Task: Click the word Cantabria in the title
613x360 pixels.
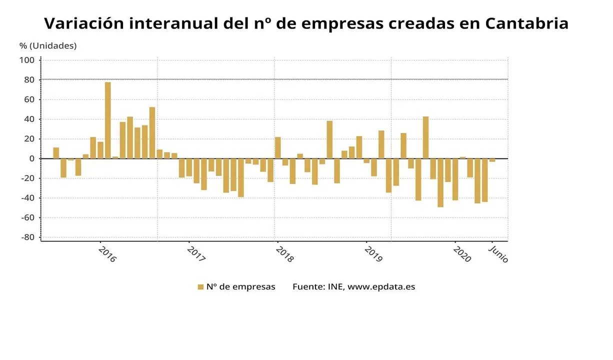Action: coord(526,23)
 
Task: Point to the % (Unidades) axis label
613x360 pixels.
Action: coord(48,45)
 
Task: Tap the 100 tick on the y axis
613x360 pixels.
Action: coord(27,60)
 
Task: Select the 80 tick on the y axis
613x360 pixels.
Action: coord(29,80)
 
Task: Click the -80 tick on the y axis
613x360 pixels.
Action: coord(27,237)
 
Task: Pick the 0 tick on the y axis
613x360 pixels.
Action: coord(31,159)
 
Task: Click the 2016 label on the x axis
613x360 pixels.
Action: coord(107,253)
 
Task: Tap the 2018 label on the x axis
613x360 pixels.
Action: coord(284,253)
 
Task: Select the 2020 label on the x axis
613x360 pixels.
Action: coord(462,253)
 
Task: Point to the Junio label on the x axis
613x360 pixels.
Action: coord(498,253)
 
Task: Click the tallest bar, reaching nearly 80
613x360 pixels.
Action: coord(108,120)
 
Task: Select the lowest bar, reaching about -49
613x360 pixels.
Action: coord(440,182)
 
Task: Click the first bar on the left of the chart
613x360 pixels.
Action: coord(56,153)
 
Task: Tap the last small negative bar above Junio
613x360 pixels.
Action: coord(492,160)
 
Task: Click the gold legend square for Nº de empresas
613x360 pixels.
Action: coord(200,287)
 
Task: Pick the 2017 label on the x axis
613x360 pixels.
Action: coord(196,253)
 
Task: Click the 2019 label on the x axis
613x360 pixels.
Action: coord(373,253)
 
